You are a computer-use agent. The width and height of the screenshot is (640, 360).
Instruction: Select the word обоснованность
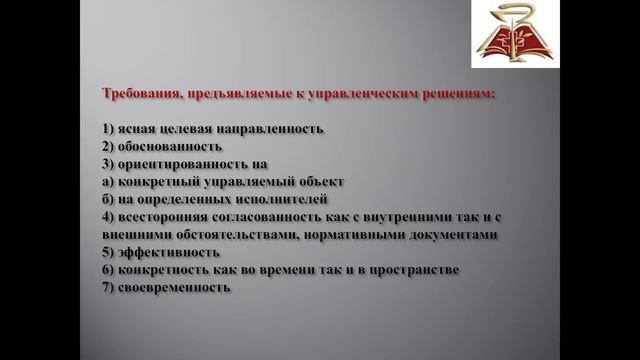170,146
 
